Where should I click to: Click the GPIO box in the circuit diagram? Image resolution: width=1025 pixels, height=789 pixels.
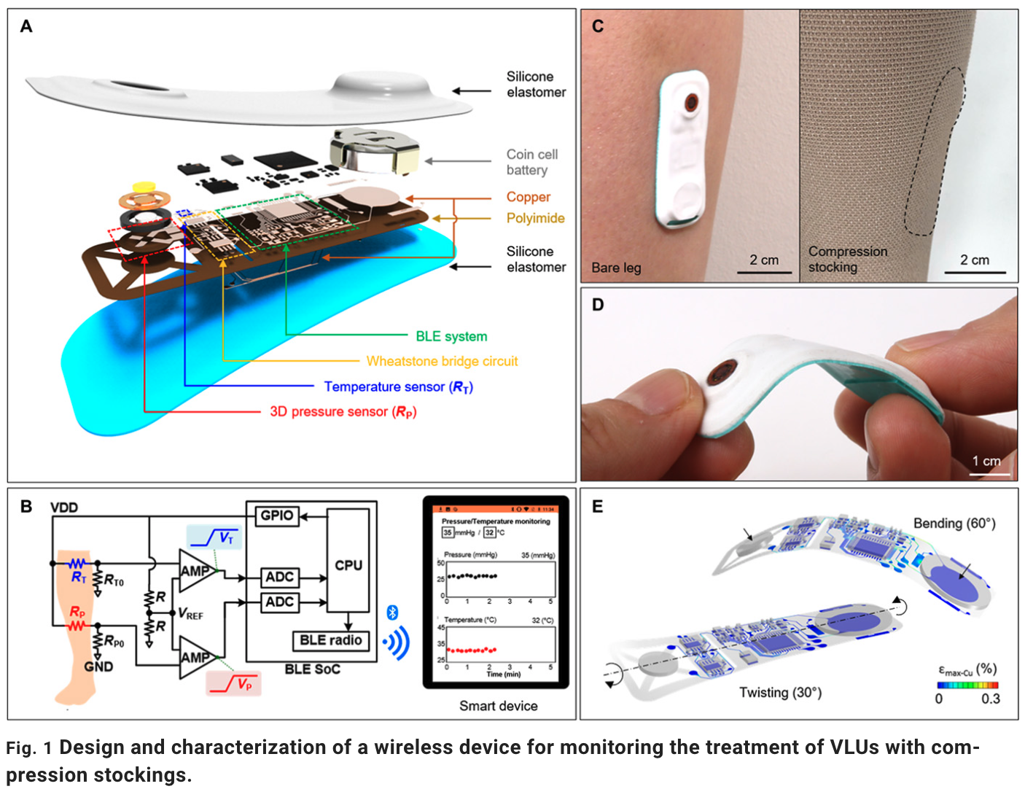pos(277,516)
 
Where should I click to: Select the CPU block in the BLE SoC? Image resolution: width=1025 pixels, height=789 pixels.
pos(348,564)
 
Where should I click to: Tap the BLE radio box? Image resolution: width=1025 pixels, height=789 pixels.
pos(330,640)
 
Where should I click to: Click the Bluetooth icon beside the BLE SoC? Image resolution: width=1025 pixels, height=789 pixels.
pos(391,613)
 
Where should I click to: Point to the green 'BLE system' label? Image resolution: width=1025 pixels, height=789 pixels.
pos(451,336)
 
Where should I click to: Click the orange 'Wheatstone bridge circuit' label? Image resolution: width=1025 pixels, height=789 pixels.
pos(442,361)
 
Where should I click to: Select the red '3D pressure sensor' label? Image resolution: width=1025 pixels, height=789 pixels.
pos(343,411)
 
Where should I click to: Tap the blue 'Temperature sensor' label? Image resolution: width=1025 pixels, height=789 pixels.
pos(398,386)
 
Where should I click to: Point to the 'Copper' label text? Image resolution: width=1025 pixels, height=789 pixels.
pos(529,197)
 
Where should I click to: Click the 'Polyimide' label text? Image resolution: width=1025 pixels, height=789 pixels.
pos(535,218)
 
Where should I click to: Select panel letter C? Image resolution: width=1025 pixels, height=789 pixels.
pos(598,26)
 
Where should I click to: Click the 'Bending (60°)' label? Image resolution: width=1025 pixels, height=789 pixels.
pos(954,524)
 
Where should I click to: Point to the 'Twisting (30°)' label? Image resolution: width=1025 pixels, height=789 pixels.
pos(780,692)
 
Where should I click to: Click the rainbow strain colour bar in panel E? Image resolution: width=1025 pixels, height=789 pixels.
pos(967,685)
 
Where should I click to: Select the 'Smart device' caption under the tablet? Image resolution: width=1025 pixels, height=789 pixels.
pos(498,706)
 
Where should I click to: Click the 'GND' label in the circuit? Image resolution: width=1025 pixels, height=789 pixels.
pos(98,666)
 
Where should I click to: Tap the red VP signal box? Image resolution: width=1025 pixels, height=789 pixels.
pos(233,683)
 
